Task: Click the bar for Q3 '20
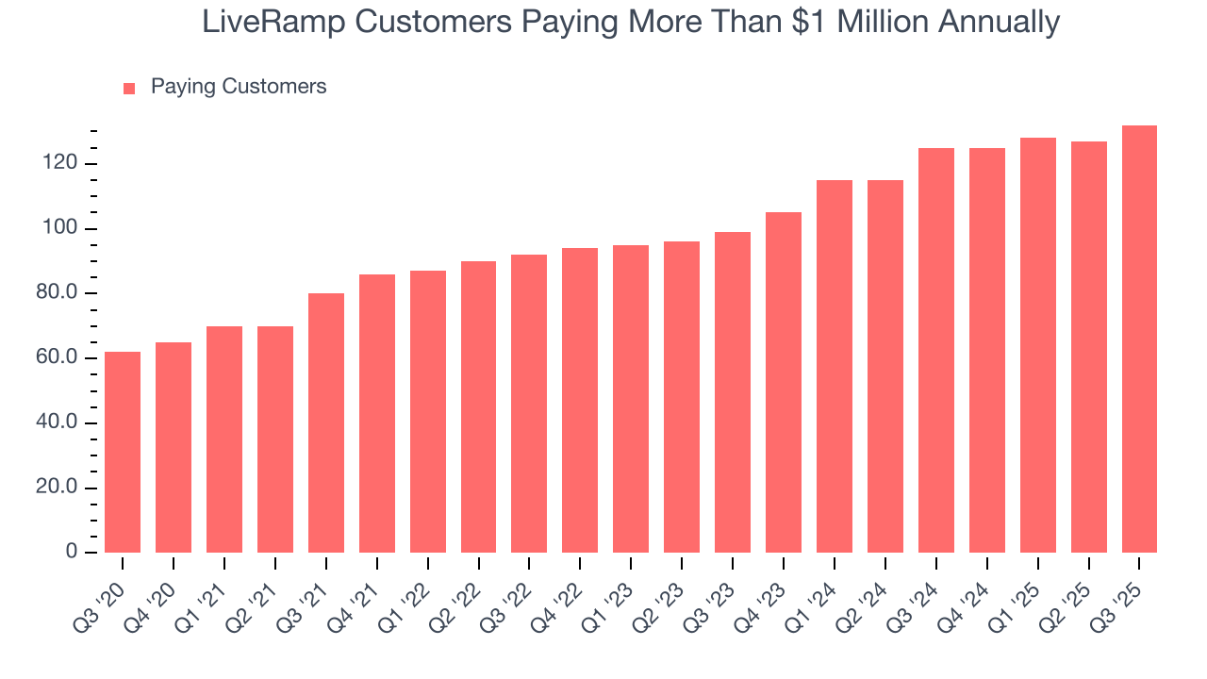pos(123,452)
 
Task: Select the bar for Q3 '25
pos(1139,339)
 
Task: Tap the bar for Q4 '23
pos(784,382)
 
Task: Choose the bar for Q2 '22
pos(478,406)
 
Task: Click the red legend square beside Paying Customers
pos(130,88)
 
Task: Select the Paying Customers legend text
pos(239,87)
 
